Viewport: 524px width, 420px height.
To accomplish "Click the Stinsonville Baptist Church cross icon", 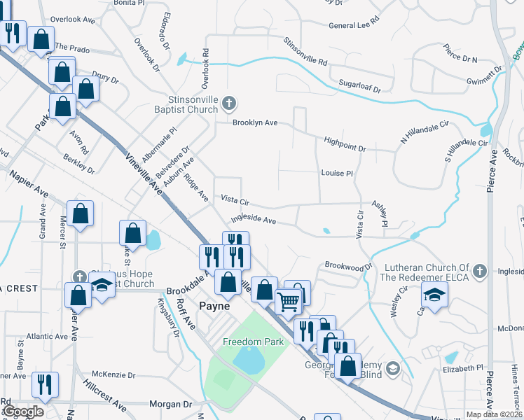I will [x=228, y=105].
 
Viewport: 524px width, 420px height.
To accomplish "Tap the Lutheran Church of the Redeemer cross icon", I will [x=479, y=270].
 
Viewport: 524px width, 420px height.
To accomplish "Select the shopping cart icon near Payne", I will [x=289, y=302].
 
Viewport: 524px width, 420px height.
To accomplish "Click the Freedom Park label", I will [x=254, y=342].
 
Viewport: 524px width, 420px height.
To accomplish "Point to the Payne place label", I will [x=215, y=305].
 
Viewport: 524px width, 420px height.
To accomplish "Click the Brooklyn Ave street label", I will [x=256, y=122].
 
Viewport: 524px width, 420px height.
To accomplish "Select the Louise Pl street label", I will [x=336, y=172].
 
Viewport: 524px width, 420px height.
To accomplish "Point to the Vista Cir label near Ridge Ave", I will [x=235, y=199].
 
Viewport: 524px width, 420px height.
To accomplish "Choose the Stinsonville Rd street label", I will [x=305, y=52].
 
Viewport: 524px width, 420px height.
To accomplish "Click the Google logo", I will [x=23, y=412].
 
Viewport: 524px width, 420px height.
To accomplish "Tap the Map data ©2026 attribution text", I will [x=493, y=414].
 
